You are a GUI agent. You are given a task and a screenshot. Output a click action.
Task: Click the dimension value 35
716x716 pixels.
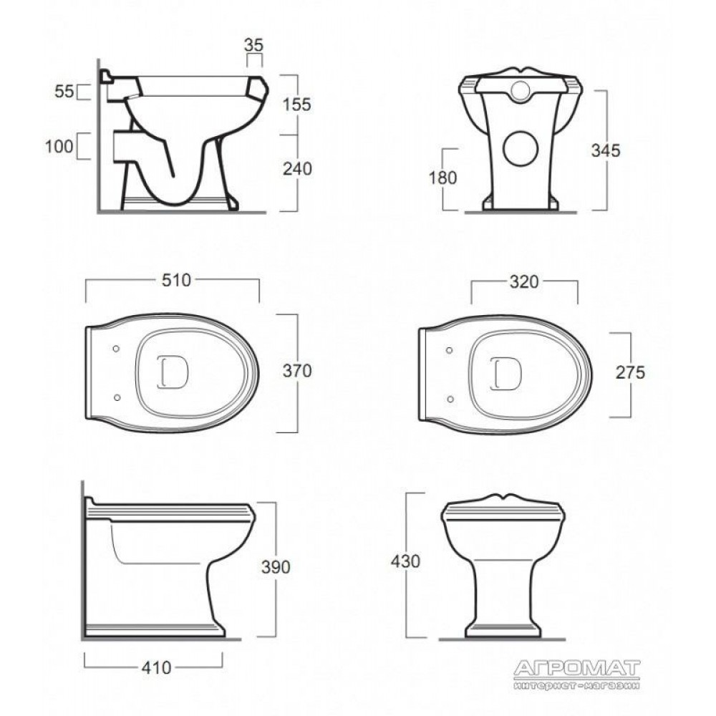(x=253, y=44)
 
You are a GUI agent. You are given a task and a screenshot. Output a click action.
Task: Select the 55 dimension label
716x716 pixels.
(x=64, y=92)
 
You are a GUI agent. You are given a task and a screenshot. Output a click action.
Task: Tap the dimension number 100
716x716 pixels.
(x=59, y=146)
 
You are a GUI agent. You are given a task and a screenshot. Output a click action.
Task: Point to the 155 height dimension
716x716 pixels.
(x=297, y=105)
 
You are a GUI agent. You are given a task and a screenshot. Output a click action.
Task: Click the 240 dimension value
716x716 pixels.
(x=297, y=169)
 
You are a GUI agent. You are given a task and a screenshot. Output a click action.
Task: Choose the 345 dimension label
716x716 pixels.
(x=606, y=150)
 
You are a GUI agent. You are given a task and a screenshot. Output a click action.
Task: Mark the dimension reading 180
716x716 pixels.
(x=442, y=178)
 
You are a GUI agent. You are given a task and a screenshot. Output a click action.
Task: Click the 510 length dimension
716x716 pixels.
(x=176, y=280)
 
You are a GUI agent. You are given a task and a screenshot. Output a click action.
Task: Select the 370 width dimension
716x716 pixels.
(x=297, y=371)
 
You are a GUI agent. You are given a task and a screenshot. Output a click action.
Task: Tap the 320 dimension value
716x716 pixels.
(x=524, y=281)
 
